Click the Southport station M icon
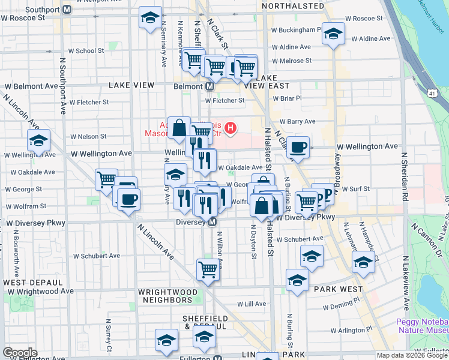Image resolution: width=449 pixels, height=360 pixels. (67, 10)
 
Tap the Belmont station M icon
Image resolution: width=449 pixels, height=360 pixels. (209, 86)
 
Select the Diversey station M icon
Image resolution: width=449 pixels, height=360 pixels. (212, 223)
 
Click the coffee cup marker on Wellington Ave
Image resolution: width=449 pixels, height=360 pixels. (298, 148)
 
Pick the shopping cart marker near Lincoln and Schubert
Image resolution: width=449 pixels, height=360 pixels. (208, 269)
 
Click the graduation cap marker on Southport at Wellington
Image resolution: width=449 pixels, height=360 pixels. (39, 142)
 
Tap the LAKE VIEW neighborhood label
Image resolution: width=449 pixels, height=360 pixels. (132, 86)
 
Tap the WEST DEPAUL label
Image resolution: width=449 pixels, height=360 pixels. (30, 282)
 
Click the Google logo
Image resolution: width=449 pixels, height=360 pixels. (20, 353)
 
